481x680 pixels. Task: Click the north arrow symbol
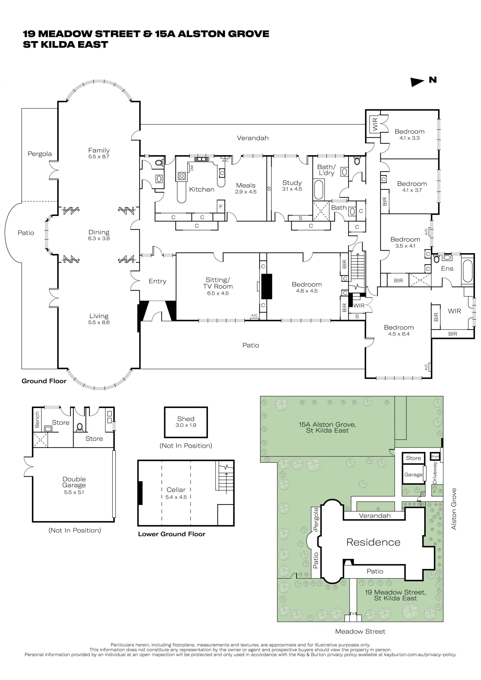[x=417, y=82]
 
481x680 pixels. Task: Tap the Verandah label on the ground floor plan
[x=253, y=138]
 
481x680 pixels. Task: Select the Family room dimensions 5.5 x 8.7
[x=99, y=157]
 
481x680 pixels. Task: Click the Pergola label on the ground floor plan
[x=40, y=154]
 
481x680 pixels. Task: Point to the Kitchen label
[x=202, y=190]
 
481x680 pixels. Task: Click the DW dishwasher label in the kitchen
[x=192, y=168]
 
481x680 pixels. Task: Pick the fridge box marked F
[x=221, y=206]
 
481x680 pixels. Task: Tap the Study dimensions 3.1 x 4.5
[x=292, y=189]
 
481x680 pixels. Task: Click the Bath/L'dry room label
[x=326, y=170]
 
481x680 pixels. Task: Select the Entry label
[x=157, y=281]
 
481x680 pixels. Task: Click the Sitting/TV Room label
[x=218, y=283]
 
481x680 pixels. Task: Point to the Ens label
[x=447, y=269]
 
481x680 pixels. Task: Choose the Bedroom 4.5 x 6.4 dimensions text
[x=399, y=334]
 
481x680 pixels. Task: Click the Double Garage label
[x=74, y=482]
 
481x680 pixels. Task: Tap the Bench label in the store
[x=37, y=420]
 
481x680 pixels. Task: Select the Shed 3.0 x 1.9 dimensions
[x=186, y=425]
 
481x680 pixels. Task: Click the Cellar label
[x=176, y=490]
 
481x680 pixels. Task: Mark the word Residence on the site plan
[x=374, y=542]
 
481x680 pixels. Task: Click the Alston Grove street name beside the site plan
[x=454, y=509]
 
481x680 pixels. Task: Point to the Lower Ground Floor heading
[x=172, y=534]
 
